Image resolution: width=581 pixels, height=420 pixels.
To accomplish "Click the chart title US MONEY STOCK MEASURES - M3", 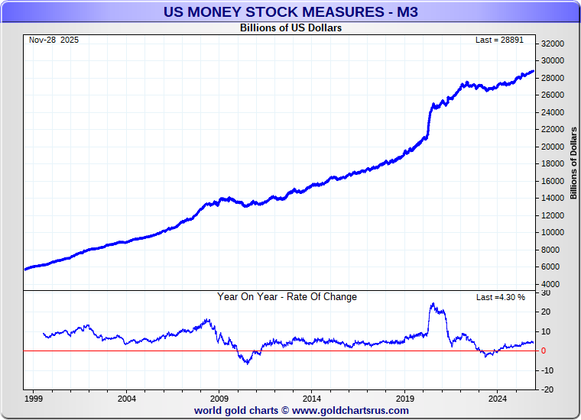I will click(290, 11).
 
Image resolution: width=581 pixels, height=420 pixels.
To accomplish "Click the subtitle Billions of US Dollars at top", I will click(290, 28).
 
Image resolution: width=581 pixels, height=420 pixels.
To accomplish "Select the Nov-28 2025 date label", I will click(54, 40).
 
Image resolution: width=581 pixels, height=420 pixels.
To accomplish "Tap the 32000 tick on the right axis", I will click(553, 44).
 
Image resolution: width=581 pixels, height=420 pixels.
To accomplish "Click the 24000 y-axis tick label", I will click(553, 112).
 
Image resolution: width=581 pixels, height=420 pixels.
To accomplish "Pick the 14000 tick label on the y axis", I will click(553, 198).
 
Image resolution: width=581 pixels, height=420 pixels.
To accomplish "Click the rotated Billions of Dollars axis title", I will click(573, 163).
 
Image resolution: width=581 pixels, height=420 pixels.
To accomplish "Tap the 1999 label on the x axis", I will click(34, 399).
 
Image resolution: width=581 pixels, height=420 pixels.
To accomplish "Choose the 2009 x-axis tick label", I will click(219, 399).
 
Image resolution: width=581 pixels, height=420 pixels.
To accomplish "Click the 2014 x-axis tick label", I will click(312, 399).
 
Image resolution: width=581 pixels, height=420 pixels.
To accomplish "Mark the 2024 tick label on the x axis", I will click(498, 399).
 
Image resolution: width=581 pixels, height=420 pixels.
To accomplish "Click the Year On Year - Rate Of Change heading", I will click(287, 297).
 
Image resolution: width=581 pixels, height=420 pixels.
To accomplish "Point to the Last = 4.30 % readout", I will click(501, 297).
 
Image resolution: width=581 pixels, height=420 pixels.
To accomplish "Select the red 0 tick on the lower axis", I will click(544, 351).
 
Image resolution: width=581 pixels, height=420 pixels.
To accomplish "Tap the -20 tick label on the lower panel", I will click(547, 389).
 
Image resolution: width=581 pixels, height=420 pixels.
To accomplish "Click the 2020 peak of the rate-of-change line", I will click(433, 304).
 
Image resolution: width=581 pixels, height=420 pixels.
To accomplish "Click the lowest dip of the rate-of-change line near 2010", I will click(247, 363).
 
